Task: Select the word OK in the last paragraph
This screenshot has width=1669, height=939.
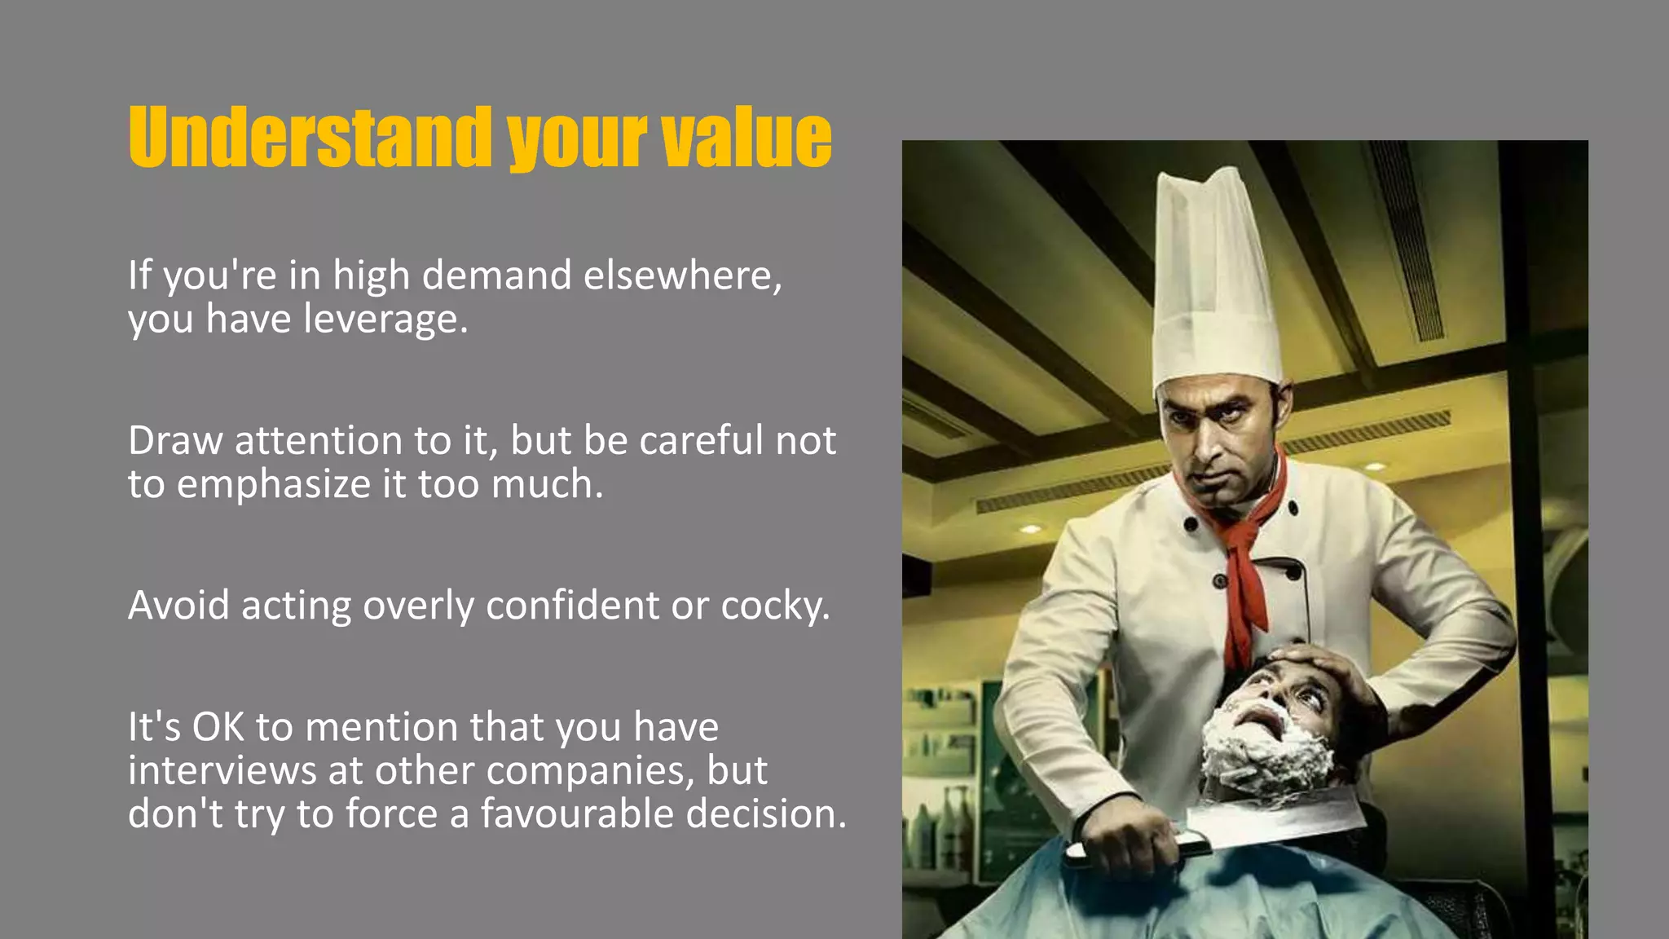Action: coord(218,727)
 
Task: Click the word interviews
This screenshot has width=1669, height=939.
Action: coord(220,770)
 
